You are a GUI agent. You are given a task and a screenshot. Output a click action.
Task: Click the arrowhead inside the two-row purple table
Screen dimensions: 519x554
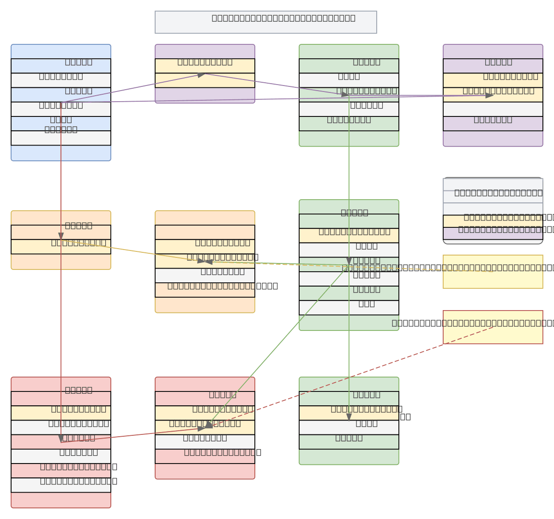(201, 75)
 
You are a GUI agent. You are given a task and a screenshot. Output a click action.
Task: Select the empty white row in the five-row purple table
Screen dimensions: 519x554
(493, 109)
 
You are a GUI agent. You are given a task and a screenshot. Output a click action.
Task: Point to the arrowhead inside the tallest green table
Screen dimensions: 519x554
(349, 261)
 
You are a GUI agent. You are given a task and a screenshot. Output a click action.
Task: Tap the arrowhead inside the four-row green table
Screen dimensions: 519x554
(349, 417)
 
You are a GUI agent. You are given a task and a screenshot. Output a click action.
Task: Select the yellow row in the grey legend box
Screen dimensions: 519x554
(452, 221)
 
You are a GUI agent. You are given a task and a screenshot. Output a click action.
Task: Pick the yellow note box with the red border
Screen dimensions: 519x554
(493, 334)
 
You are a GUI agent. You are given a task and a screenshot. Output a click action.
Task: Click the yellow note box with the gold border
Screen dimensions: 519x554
(493, 277)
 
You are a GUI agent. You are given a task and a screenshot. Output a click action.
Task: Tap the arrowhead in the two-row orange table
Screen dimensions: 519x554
(61, 236)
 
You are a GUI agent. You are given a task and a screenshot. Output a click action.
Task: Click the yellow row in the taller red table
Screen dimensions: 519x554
(28, 413)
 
